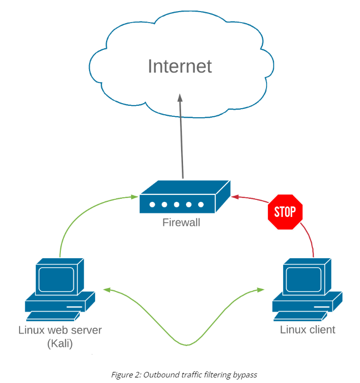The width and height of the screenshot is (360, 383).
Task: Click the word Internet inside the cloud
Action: pyautogui.click(x=179, y=66)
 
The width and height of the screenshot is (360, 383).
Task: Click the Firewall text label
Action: pyautogui.click(x=181, y=222)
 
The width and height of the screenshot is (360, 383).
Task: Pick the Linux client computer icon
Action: pyautogui.click(x=307, y=289)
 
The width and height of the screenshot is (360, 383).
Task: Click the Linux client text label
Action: pyautogui.click(x=307, y=330)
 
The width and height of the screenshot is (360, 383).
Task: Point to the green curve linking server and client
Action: pyautogui.click(x=186, y=344)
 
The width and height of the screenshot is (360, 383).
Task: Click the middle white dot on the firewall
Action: pyautogui.click(x=176, y=205)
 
